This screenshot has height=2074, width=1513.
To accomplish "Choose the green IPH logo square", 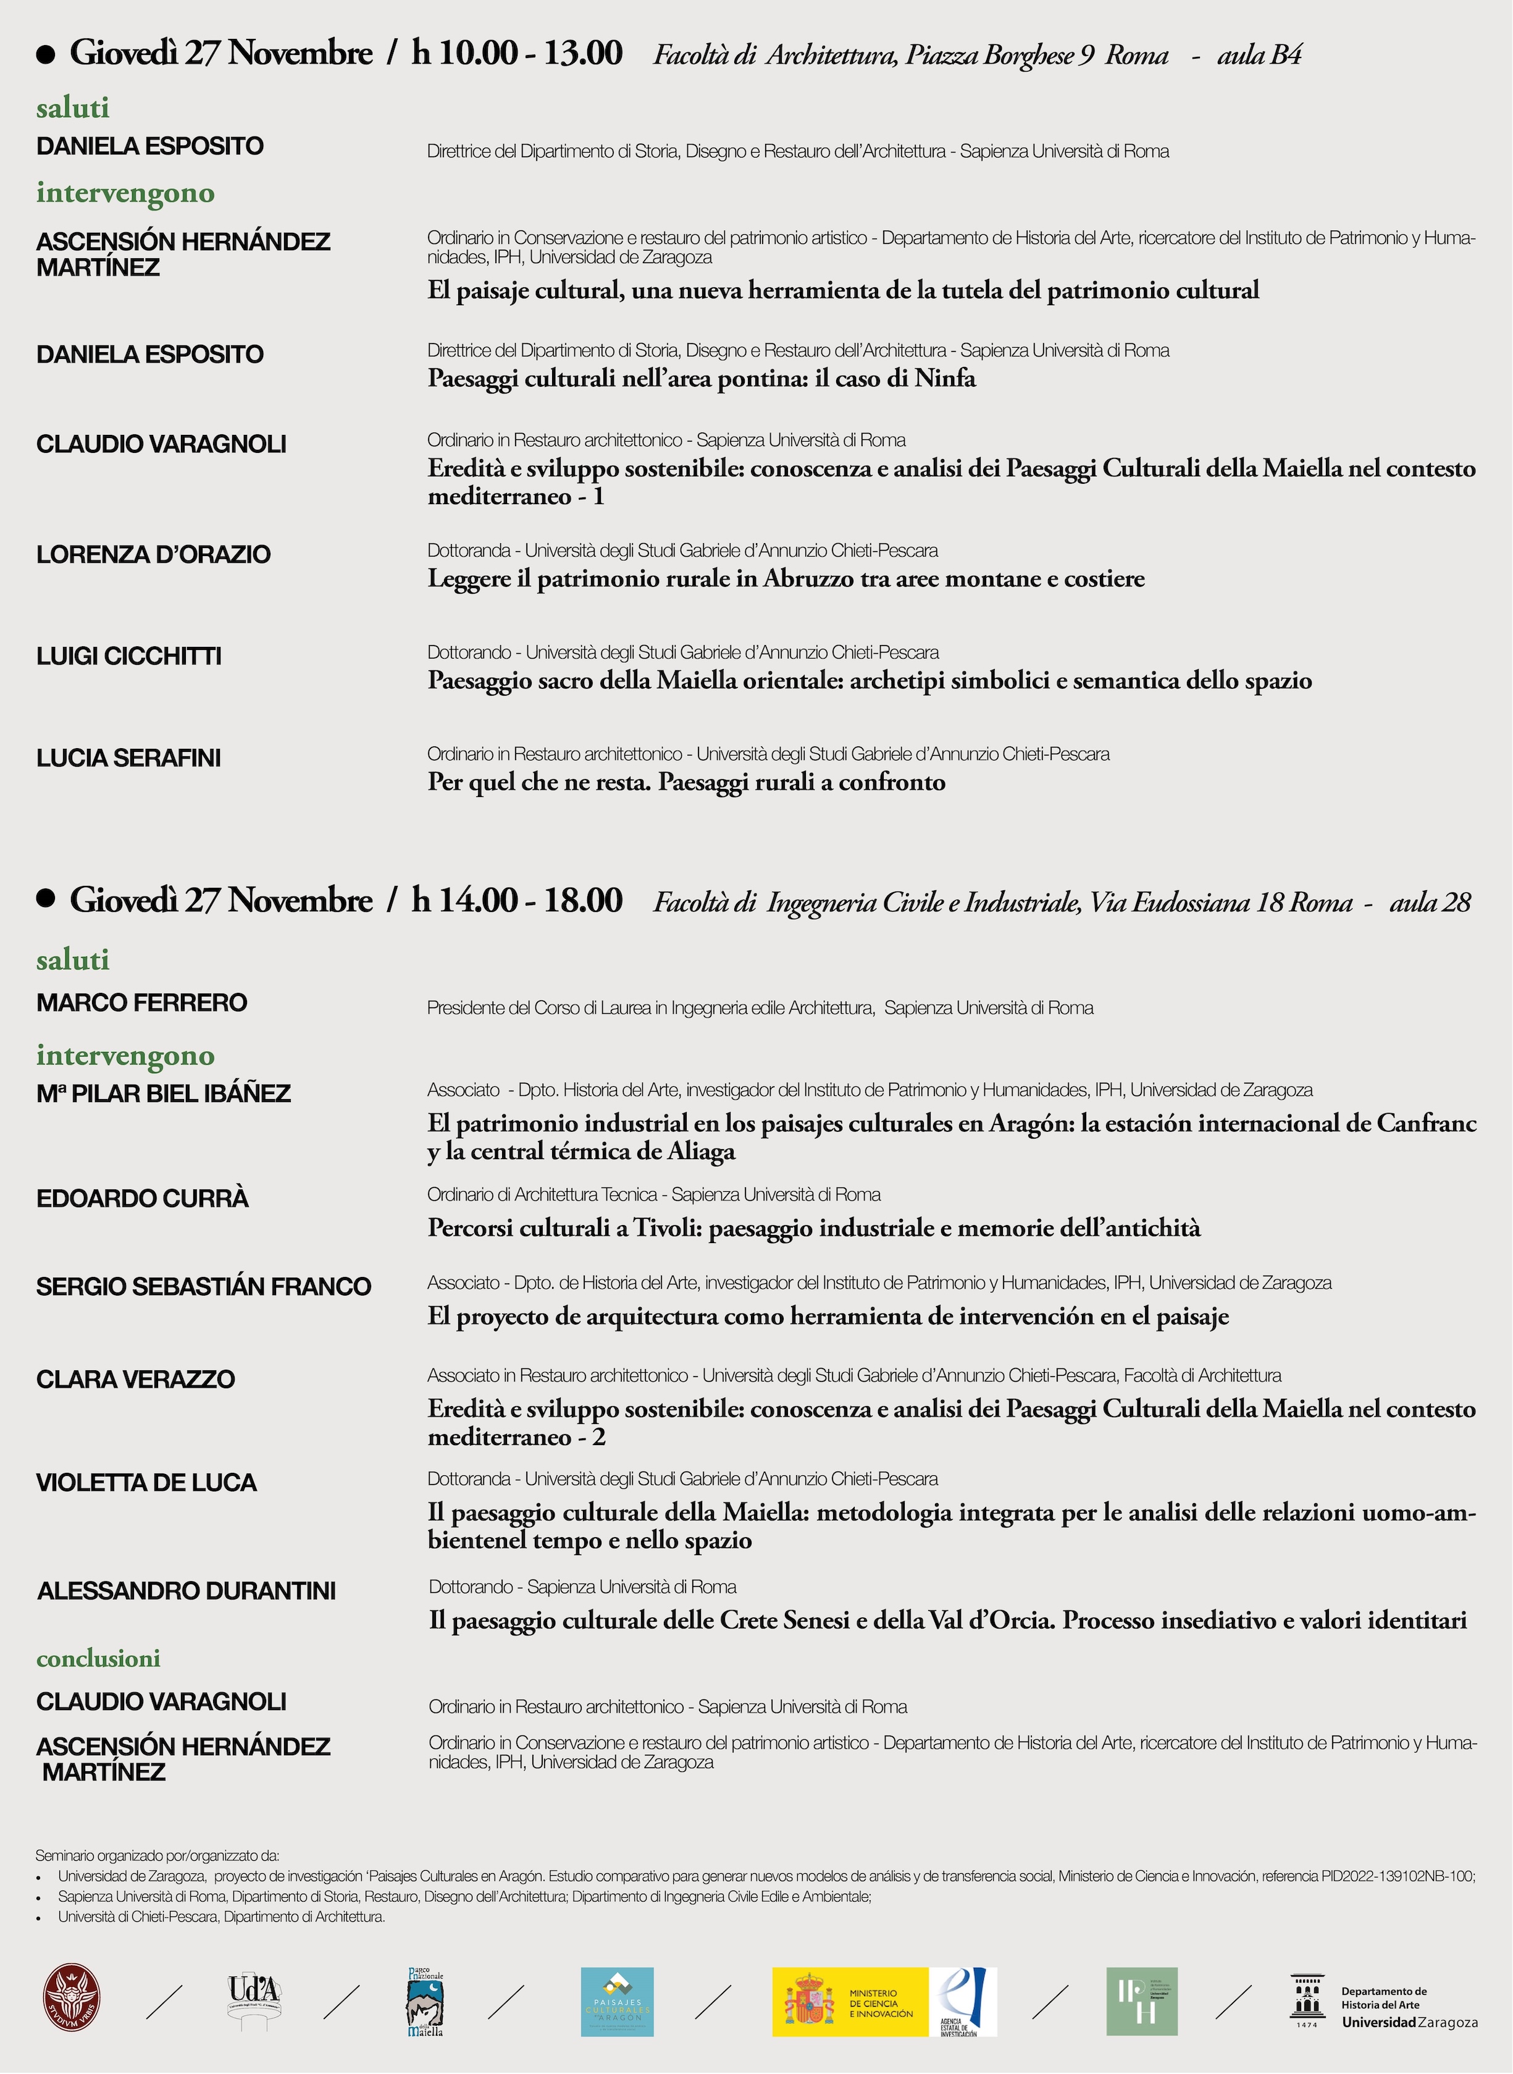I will (1141, 2002).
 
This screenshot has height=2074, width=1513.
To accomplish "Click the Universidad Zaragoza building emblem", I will (1307, 1997).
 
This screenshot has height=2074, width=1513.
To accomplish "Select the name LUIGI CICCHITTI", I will (129, 656).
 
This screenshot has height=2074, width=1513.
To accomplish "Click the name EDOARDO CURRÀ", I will (142, 1198).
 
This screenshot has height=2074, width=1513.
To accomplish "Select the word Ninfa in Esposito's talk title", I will (944, 378).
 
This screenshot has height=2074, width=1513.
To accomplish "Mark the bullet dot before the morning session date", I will (46, 54).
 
